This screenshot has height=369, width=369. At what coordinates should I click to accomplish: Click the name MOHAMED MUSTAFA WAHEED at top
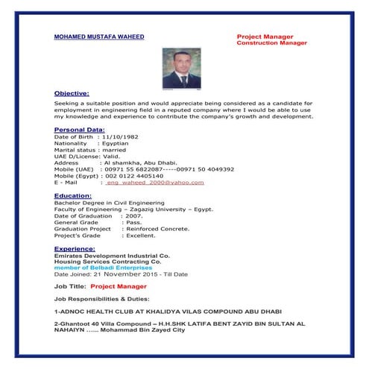tap(99, 37)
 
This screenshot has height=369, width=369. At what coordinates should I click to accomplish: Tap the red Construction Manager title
tap(271, 43)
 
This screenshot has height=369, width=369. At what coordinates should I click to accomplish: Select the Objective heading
tap(72, 93)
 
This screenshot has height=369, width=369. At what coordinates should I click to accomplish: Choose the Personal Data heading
tap(79, 130)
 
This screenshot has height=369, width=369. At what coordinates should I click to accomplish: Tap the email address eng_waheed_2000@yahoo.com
tap(154, 182)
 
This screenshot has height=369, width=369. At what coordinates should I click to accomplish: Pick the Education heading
tap(72, 195)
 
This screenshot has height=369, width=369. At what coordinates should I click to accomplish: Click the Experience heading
tap(75, 248)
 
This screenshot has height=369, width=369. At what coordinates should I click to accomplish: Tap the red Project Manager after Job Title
tap(119, 286)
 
